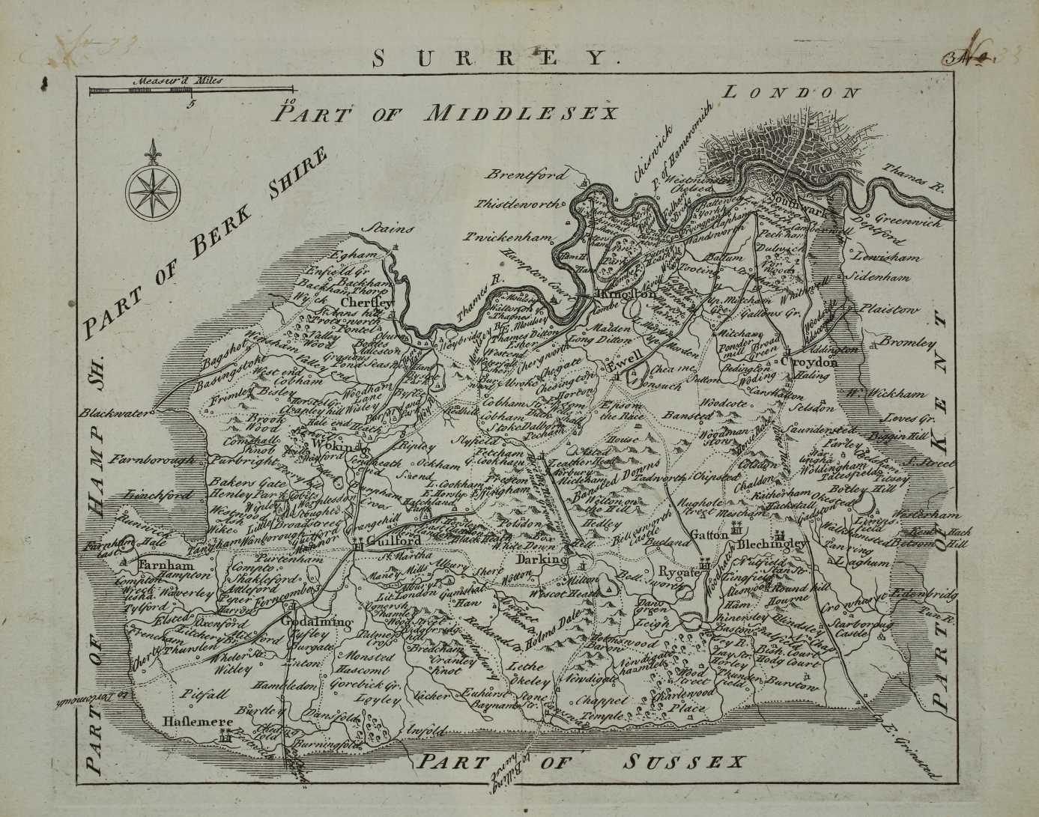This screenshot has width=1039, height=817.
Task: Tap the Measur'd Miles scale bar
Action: click(140, 91)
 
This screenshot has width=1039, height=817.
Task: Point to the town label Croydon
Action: click(808, 362)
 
